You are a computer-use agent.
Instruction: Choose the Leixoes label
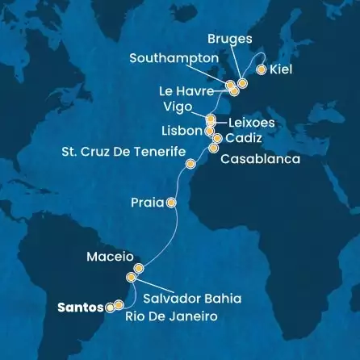click(x=252, y=123)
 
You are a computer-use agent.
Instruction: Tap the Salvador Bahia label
click(x=191, y=298)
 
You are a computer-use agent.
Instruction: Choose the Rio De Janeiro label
click(x=171, y=317)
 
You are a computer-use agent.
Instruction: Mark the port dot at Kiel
click(x=261, y=69)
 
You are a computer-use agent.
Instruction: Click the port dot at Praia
click(x=171, y=203)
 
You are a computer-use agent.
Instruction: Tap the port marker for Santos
click(x=110, y=307)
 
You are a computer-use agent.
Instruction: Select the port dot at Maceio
click(x=139, y=268)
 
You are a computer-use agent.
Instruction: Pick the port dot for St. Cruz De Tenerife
click(x=190, y=165)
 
